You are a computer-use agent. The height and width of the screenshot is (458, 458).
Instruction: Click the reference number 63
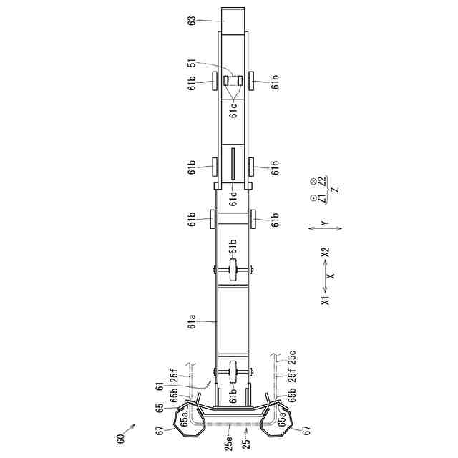192,20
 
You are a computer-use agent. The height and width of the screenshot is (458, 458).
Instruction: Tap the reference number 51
192,63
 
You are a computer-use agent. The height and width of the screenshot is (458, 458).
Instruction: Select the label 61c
233,110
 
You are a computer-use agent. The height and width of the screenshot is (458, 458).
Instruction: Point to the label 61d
233,198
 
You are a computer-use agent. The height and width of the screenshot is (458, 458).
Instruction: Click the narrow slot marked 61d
233,164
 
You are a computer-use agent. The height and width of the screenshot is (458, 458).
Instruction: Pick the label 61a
192,321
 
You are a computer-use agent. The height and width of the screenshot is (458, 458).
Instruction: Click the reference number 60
120,437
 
